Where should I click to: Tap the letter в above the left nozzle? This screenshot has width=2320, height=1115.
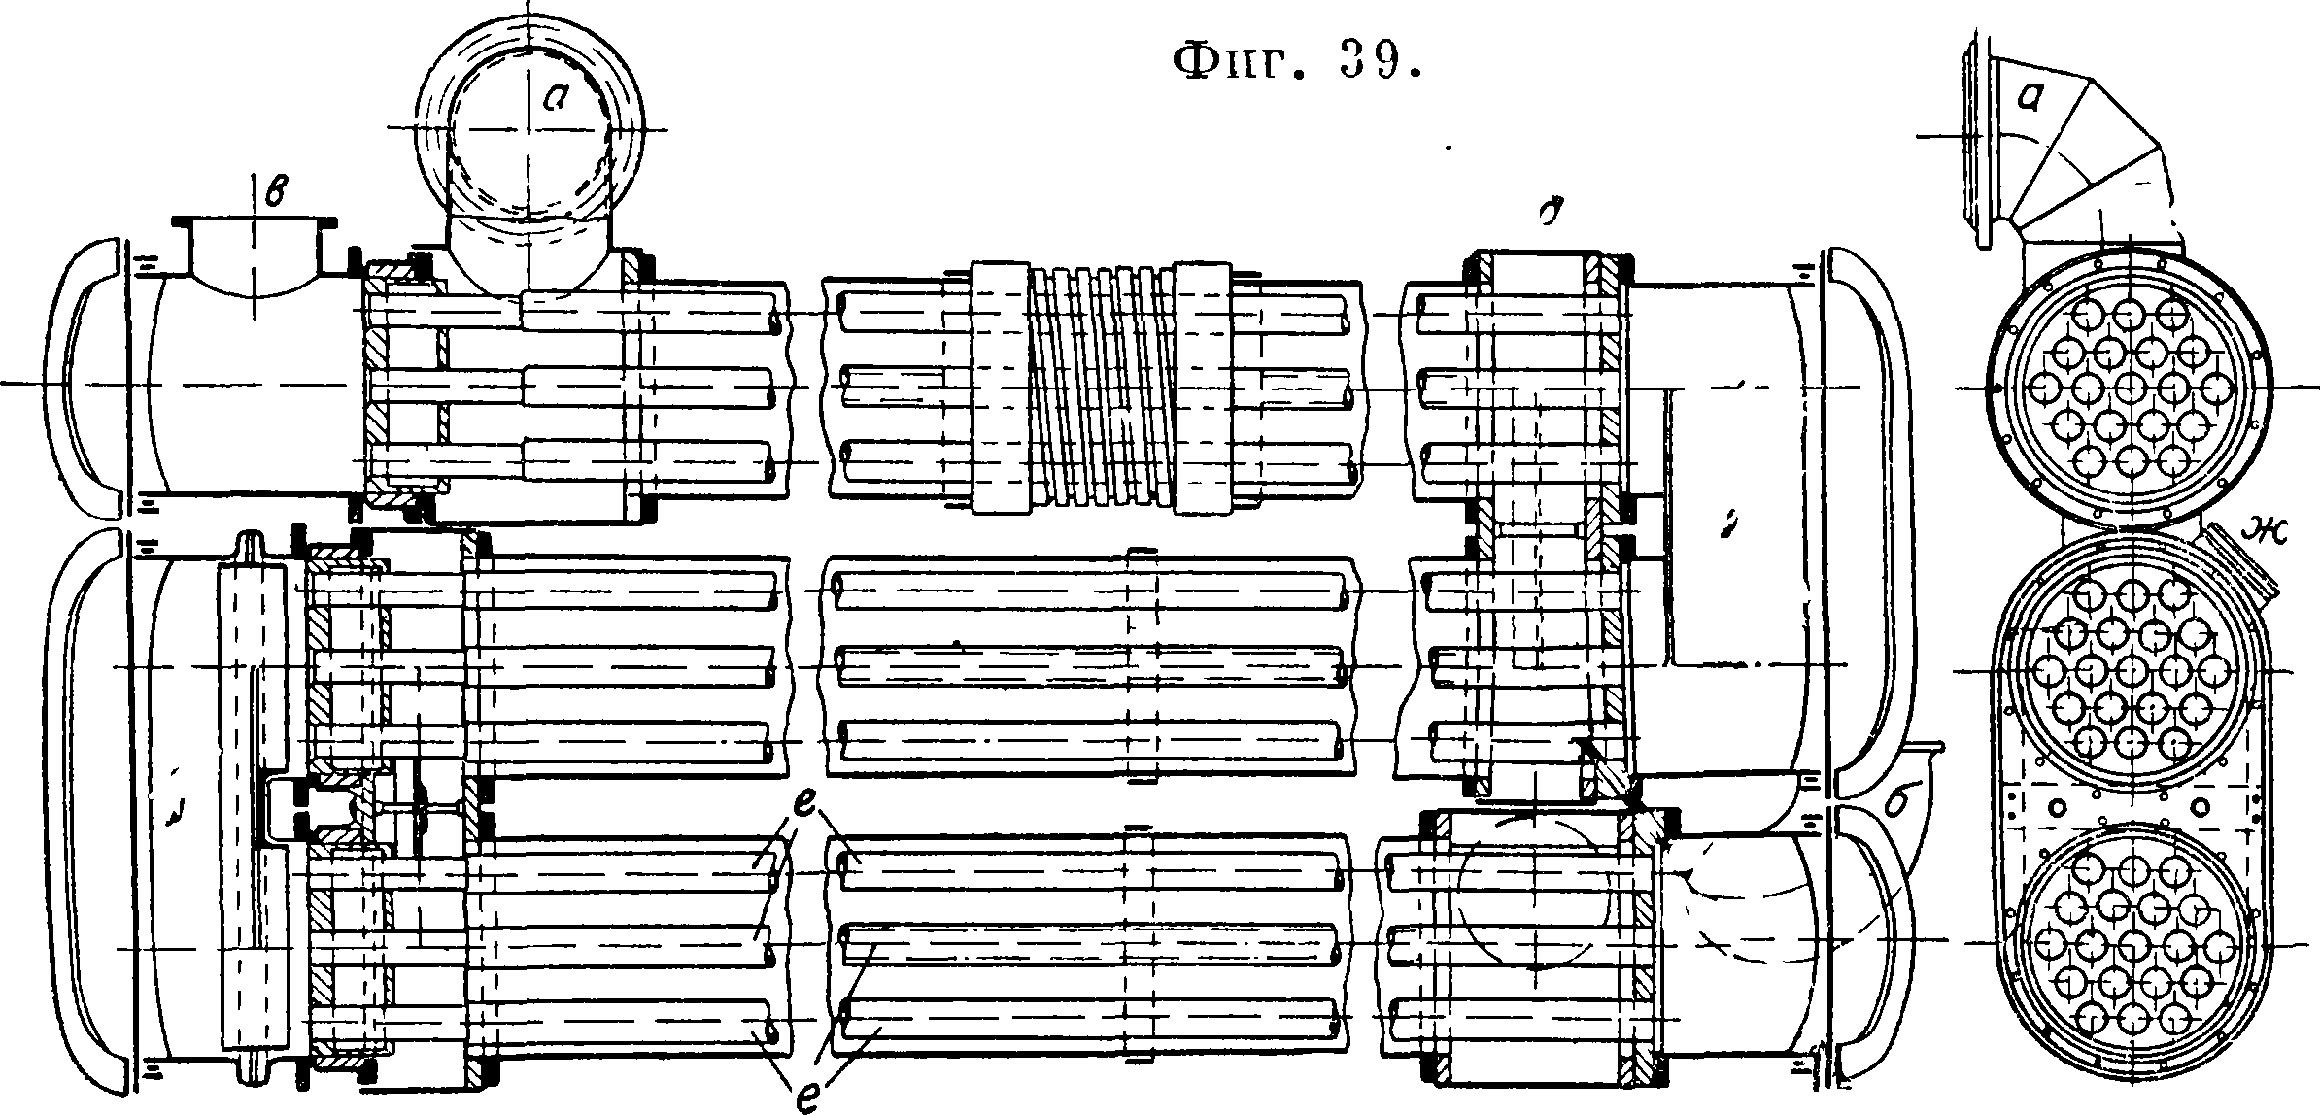pos(276,191)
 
